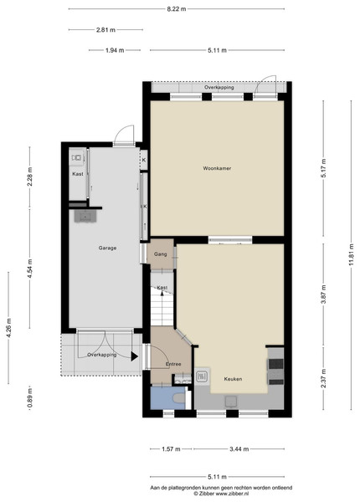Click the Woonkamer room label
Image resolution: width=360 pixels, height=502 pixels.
217,168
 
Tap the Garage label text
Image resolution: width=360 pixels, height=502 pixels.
107,248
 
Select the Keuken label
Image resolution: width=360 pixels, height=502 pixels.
233,379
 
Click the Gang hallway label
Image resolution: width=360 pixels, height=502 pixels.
160,254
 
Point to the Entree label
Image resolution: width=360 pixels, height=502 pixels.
173,364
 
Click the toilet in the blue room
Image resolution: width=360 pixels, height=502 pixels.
178,398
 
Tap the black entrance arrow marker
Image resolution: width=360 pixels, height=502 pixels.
135,356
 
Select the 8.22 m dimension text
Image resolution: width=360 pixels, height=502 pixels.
176,9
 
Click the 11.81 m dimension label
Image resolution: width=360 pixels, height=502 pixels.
352,254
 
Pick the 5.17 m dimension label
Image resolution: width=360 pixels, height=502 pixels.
323,169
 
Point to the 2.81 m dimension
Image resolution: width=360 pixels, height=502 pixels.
105,30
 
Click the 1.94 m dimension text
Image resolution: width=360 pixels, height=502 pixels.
115,50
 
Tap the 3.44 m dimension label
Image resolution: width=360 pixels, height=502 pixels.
239,448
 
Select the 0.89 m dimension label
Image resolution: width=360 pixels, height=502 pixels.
30,397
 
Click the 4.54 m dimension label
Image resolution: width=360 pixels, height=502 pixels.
30,269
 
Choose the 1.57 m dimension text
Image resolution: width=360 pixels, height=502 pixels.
171,448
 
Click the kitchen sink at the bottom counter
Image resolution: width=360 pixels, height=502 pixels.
231,402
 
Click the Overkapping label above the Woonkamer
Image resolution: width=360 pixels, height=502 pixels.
219,87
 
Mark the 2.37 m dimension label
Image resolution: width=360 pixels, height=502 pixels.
323,378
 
